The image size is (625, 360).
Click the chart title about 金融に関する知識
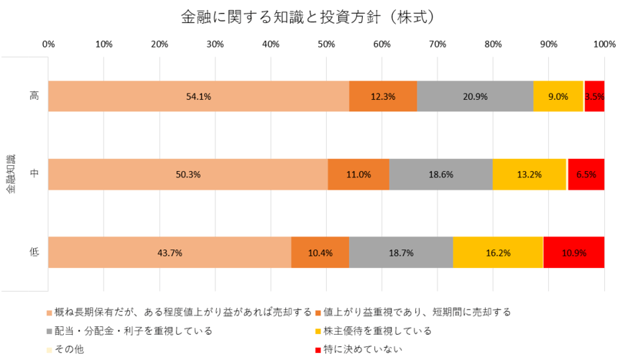pos(312,15)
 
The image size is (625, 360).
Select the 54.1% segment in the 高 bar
pos(198,96)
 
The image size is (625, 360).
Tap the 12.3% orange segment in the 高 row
pos(383,96)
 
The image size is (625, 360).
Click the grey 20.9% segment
pos(475,96)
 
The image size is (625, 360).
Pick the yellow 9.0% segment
pos(558,96)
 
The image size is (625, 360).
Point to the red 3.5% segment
pos(594,96)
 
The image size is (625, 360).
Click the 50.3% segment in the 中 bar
pos(188,174)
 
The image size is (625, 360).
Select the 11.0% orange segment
pos(358,174)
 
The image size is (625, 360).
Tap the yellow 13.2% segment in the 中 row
pos(529,174)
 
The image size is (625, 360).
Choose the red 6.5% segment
pos(586,174)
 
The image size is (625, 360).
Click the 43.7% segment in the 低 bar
pos(170,252)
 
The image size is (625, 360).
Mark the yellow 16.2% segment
pos(498,252)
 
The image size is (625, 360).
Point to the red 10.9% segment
pos(574,252)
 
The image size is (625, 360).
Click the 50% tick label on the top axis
pos(326,45)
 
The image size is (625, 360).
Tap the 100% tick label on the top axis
pos(604,45)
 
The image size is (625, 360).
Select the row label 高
pos(34,96)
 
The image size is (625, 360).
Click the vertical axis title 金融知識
pos(10,175)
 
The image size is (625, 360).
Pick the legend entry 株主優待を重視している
pos(376,331)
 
